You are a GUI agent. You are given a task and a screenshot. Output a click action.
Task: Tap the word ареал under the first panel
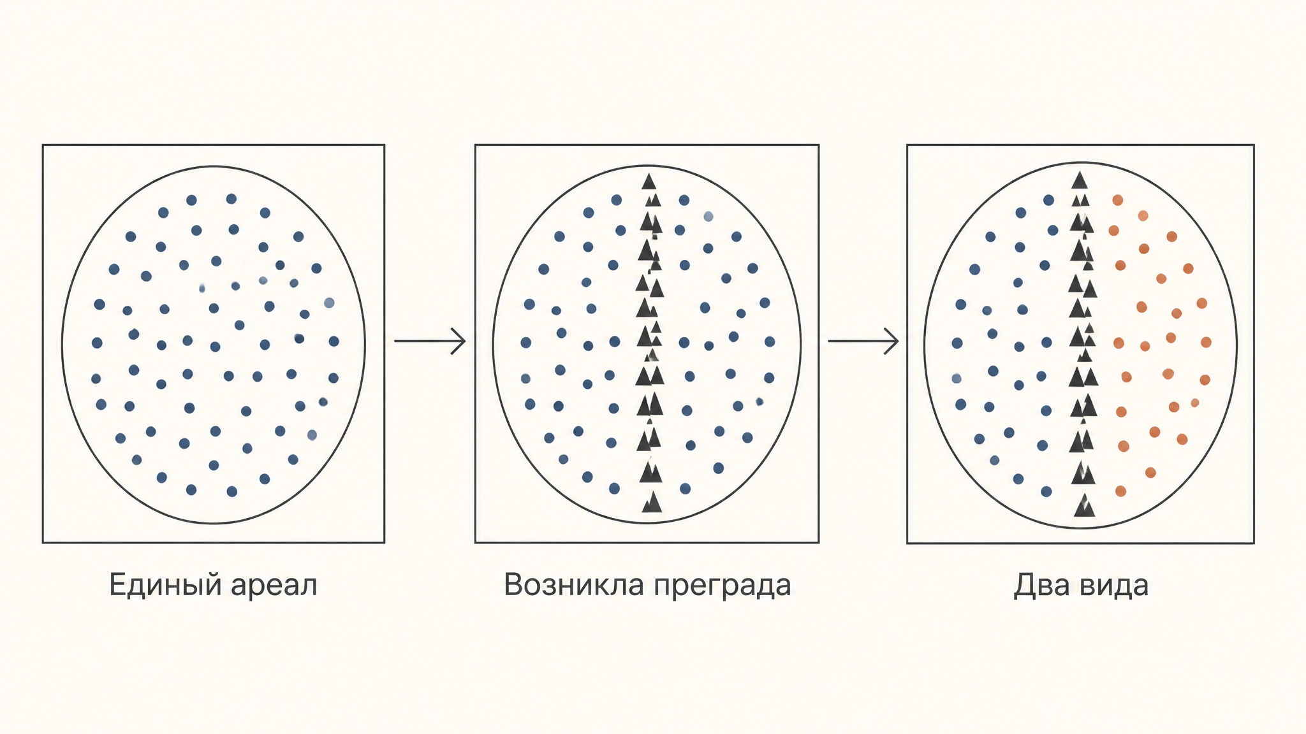coord(274,585)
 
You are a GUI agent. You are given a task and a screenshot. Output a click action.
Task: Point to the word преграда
coord(719,586)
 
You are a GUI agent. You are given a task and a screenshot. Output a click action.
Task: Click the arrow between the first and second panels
coord(430,341)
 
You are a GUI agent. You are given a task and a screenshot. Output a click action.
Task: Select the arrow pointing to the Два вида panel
coord(863,341)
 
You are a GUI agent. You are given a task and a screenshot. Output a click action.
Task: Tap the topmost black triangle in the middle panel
coord(649,182)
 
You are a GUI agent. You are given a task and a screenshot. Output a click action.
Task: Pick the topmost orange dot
coord(1117,200)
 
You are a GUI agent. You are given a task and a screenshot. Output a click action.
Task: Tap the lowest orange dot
coord(1120,491)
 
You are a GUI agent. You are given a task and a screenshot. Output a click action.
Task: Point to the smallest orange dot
coord(1194,403)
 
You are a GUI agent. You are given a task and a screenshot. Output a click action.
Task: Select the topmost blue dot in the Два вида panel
coord(1048,200)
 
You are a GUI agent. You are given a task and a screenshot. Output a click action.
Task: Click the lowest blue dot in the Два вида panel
coord(1046,491)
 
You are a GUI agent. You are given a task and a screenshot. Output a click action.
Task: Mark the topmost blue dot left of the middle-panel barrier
coord(616,200)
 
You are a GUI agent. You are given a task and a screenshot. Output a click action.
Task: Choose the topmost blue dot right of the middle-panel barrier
coord(684,200)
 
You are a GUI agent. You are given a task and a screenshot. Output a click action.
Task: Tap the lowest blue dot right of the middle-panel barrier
coord(685,489)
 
